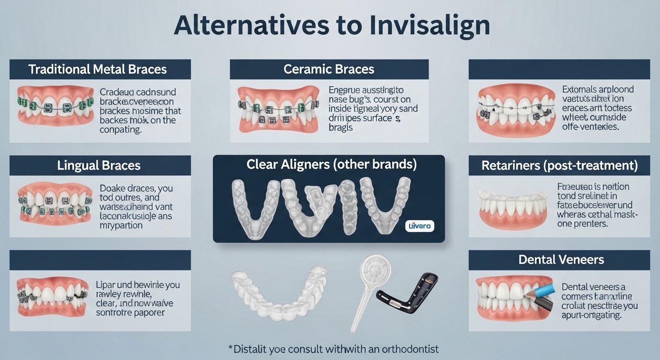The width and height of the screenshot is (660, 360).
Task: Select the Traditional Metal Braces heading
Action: (97, 69)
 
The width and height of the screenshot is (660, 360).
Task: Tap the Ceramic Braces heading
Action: (329, 69)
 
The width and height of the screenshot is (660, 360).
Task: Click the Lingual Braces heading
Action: (98, 165)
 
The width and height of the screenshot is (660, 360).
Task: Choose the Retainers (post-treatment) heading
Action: (559, 165)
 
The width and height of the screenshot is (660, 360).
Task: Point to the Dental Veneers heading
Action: (561, 259)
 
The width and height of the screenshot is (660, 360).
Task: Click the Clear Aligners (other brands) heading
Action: (331, 165)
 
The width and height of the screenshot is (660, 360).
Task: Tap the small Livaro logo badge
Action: (419, 226)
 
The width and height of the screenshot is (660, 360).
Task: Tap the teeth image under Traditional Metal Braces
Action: (55, 105)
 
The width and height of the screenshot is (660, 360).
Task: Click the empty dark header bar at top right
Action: (559, 69)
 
